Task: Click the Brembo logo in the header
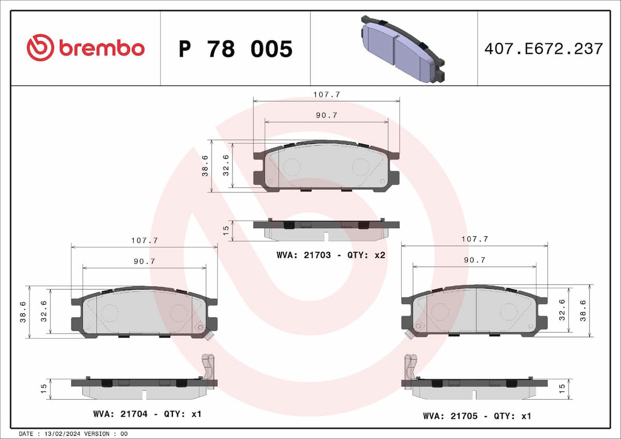85,48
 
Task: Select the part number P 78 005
235,49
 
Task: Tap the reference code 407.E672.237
543,49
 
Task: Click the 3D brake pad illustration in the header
402,49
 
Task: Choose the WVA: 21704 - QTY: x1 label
146,414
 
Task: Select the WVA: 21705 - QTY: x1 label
477,415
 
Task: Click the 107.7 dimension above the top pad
327,95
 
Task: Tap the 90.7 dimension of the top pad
327,116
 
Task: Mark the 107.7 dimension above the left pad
144,240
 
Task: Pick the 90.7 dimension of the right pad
475,261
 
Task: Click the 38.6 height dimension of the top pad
205,166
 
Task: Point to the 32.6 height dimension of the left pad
44,312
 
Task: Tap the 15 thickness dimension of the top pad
225,231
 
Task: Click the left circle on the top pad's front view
292,167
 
